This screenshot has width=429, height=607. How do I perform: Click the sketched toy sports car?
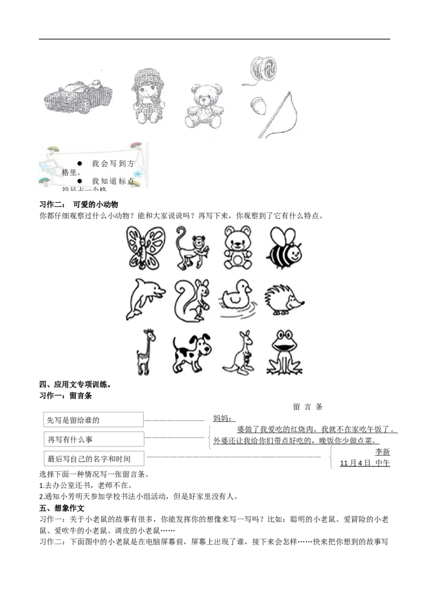(x=78, y=97)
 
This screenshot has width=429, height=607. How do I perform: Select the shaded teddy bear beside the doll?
(x=204, y=106)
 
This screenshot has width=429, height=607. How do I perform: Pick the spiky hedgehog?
(x=285, y=299)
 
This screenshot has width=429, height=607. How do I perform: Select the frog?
(x=284, y=352)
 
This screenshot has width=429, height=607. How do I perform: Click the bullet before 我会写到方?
(x=79, y=163)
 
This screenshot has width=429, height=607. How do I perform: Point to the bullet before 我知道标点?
(x=79, y=181)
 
